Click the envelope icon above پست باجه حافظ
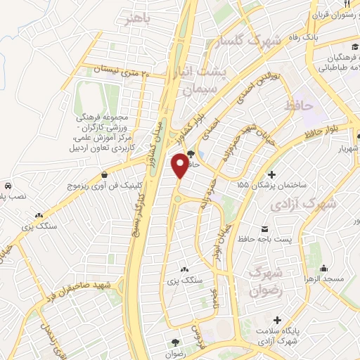265,229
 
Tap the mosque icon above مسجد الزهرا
323,268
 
